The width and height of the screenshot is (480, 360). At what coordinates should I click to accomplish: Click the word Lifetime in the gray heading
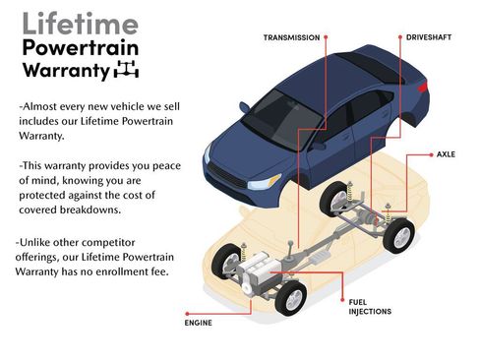pos(67,23)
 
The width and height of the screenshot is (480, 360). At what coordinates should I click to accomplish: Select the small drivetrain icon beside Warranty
pos(127,69)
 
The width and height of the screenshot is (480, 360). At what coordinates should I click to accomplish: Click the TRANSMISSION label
pos(290,37)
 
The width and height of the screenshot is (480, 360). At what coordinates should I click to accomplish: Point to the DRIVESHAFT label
pos(430,37)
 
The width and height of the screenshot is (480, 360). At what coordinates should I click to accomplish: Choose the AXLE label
pos(448,155)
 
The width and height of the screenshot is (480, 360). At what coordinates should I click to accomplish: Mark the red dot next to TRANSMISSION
pos(326,37)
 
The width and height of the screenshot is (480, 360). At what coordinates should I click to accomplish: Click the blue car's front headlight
pos(264,182)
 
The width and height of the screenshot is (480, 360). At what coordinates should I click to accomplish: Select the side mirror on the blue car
pos(318,145)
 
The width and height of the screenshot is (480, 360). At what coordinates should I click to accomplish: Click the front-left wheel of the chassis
pos(290,296)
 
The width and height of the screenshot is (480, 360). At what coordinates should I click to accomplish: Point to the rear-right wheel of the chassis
pos(398,234)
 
